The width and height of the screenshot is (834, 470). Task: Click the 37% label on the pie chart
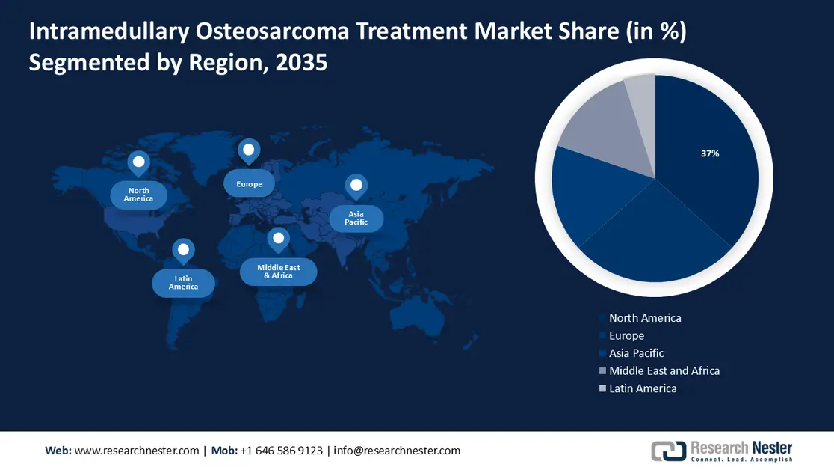pyautogui.click(x=709, y=153)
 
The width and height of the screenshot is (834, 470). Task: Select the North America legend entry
pyautogui.click(x=644, y=318)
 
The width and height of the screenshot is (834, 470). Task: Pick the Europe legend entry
pyautogui.click(x=625, y=336)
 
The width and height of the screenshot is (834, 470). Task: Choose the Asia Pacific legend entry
pyautogui.click(x=635, y=353)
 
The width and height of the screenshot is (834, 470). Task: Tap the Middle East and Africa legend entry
pyautogui.click(x=664, y=370)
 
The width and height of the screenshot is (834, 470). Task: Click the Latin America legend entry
pyautogui.click(x=642, y=388)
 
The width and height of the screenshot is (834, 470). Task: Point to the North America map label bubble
pyautogui.click(x=139, y=195)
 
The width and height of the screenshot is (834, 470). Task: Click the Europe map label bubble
pyautogui.click(x=250, y=184)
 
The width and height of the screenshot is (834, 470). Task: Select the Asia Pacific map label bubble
pyautogui.click(x=356, y=218)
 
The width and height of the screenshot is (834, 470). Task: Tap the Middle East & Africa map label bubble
pyautogui.click(x=278, y=271)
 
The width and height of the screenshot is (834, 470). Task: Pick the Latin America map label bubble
pyautogui.click(x=184, y=283)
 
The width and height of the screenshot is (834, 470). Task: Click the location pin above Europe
pyautogui.click(x=249, y=150)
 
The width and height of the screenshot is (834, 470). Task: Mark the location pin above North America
pyautogui.click(x=138, y=162)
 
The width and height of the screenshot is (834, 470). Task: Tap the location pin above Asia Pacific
pyautogui.click(x=356, y=186)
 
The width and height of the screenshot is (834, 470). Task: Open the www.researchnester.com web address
pyautogui.click(x=137, y=451)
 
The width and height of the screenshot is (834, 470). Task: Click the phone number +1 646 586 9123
pyautogui.click(x=282, y=451)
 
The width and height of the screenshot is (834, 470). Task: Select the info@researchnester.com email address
pyautogui.click(x=397, y=451)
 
